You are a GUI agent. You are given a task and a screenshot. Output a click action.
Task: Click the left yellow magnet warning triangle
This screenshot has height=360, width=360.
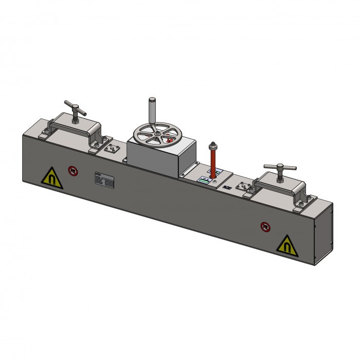coord(52,178)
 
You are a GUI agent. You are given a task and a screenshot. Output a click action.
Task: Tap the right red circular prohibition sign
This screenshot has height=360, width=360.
coord(264,226)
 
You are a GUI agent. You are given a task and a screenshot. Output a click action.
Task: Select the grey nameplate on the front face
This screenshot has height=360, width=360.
coord(104,179)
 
